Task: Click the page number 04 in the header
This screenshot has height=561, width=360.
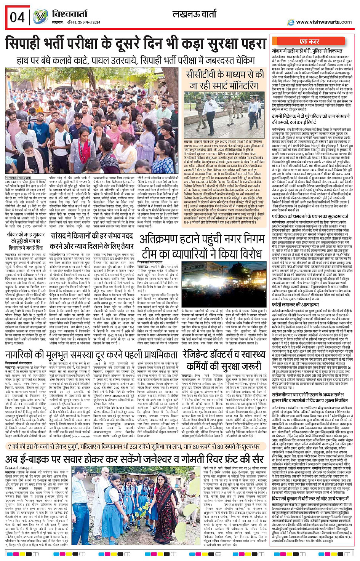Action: pyautogui.click(x=17, y=17)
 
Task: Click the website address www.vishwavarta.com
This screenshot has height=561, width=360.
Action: pyautogui.click(x=324, y=22)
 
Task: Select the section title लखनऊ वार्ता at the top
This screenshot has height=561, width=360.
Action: pyautogui.click(x=194, y=15)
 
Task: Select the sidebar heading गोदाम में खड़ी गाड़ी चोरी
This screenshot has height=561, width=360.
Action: pyautogui.click(x=307, y=51)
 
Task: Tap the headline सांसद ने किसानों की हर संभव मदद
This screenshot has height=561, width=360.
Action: pyautogui.click(x=92, y=240)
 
